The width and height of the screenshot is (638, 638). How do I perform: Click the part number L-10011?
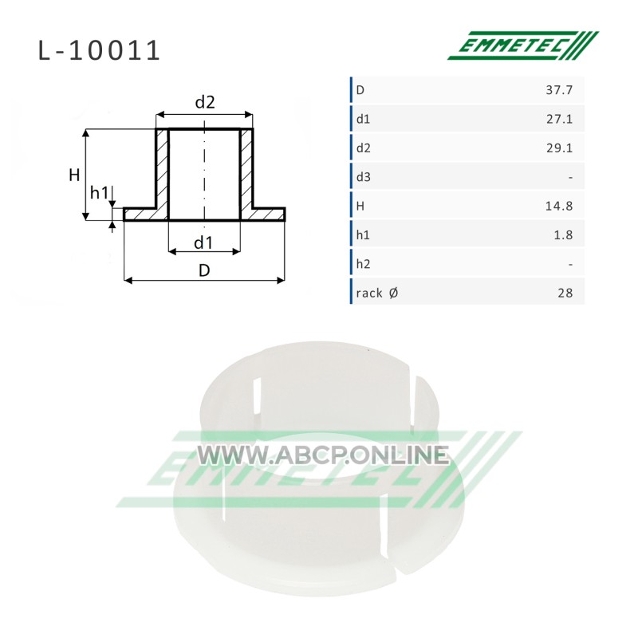coord(99,50)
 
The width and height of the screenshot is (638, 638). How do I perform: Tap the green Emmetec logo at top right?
coord(523,45)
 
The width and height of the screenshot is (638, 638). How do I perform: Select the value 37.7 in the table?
coord(559,90)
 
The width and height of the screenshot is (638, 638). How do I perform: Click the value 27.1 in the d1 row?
coord(559,119)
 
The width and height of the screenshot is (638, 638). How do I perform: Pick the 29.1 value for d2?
coord(559,148)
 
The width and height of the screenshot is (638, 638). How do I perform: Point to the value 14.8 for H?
coord(559,206)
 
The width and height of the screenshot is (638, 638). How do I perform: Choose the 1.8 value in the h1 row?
coord(563,234)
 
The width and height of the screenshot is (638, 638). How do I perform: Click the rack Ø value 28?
coord(565,293)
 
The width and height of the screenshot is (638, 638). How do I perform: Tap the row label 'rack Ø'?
coord(376,293)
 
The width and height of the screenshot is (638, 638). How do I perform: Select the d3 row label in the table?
coord(364,176)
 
